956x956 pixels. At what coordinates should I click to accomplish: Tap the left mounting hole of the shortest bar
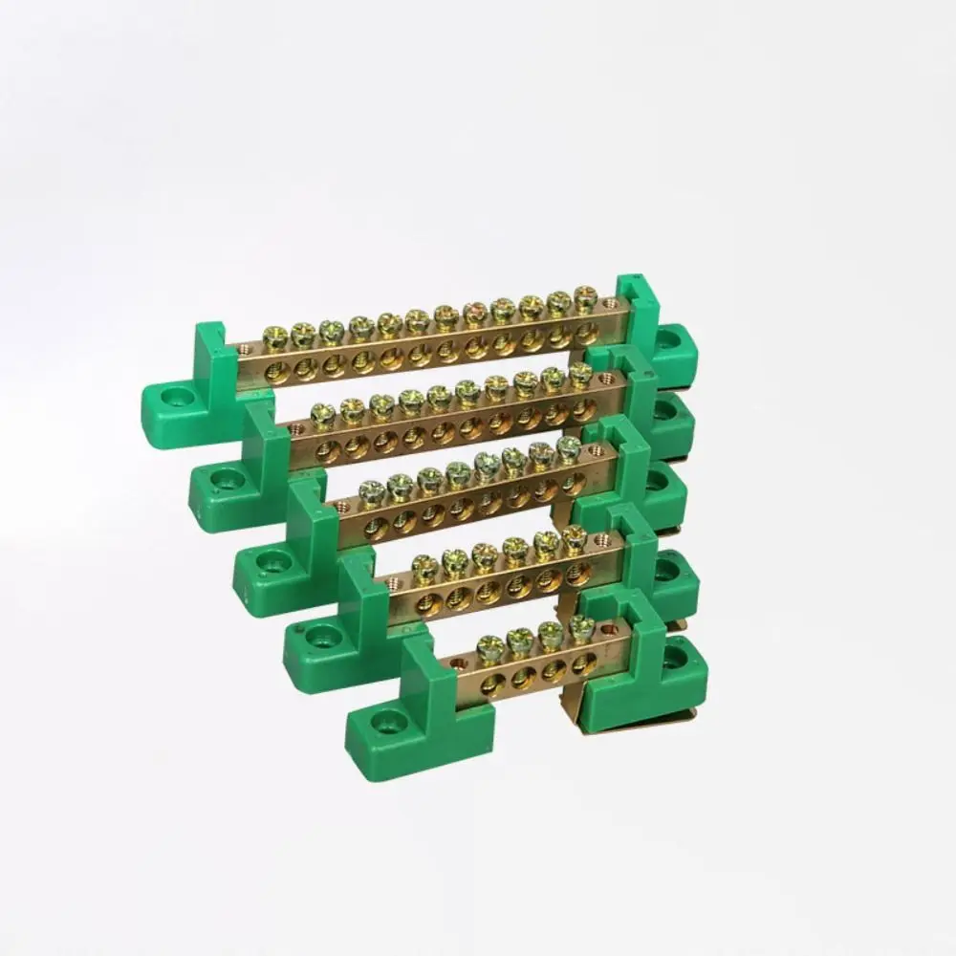[x=388, y=720]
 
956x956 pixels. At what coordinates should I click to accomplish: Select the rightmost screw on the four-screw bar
[x=579, y=628]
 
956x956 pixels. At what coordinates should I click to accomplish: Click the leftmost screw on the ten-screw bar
[x=323, y=415]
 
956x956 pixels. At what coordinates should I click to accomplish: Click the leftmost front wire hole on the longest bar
[x=276, y=369]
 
